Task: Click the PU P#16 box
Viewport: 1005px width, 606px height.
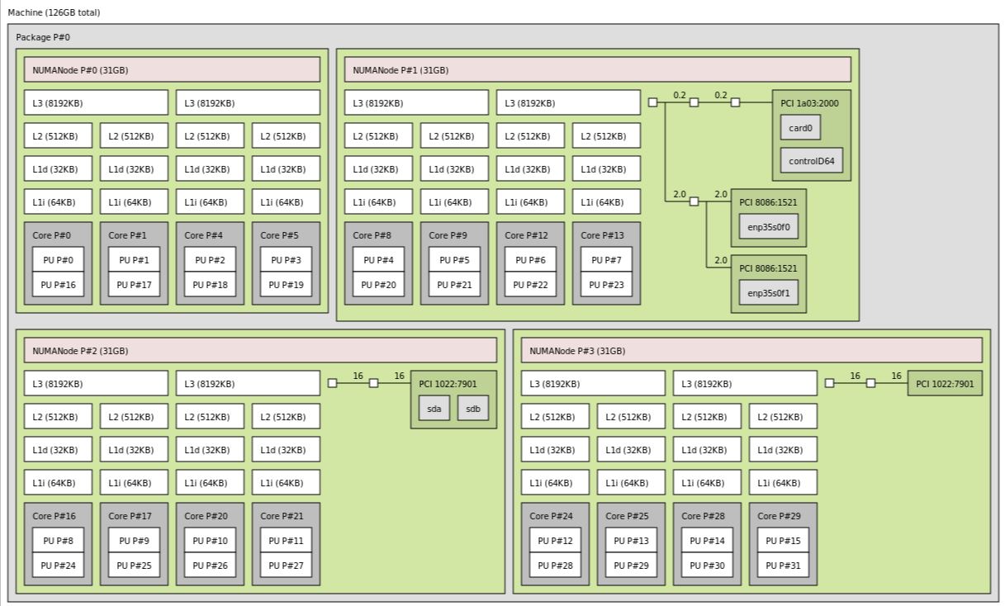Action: [x=58, y=285]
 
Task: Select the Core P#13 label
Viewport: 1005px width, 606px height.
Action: [x=602, y=235]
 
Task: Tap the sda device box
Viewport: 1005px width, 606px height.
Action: [x=434, y=408]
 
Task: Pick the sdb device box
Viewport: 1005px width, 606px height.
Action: [x=473, y=408]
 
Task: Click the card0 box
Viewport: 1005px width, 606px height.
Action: [x=800, y=128]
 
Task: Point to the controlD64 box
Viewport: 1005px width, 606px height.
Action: [x=812, y=161]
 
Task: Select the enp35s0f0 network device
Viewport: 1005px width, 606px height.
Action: [x=769, y=227]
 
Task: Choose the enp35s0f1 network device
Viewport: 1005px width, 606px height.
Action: [x=769, y=292]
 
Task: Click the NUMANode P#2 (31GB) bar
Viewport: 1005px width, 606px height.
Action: [x=260, y=351]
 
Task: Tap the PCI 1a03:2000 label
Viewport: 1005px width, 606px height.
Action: [x=808, y=103]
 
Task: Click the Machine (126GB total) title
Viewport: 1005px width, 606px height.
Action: [x=54, y=12]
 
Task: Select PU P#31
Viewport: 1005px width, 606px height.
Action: [x=783, y=566]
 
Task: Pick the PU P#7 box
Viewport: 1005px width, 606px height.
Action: [x=606, y=260]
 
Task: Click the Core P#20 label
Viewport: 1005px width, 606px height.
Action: [x=206, y=516]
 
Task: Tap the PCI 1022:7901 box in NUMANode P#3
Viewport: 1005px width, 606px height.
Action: [x=945, y=383]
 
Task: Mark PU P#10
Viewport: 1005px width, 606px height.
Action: [x=210, y=541]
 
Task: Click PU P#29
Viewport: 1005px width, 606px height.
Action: [x=631, y=566]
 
